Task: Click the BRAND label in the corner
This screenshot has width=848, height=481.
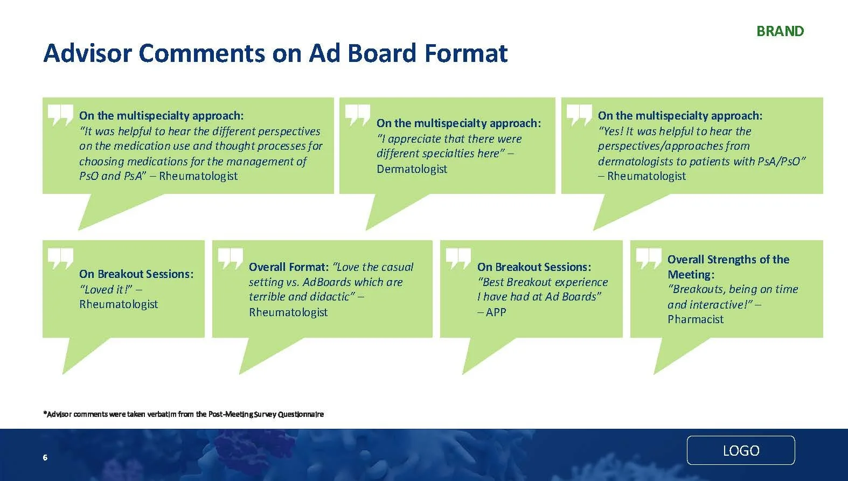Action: [780, 31]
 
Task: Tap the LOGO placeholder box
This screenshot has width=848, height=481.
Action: [741, 450]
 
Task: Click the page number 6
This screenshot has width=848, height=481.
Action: [45, 457]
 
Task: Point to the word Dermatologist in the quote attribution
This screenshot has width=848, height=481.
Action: [412, 169]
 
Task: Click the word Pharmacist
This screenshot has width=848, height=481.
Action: [695, 319]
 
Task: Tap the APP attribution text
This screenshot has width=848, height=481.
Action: [496, 312]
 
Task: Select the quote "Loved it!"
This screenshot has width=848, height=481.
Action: [106, 289]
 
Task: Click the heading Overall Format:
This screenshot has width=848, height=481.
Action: [288, 267]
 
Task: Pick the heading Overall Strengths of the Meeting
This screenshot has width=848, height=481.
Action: [728, 266]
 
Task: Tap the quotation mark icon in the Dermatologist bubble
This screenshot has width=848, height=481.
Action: [357, 115]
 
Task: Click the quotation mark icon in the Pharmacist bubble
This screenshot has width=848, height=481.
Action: [648, 259]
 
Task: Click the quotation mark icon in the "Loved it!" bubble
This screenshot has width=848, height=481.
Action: [60, 259]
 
